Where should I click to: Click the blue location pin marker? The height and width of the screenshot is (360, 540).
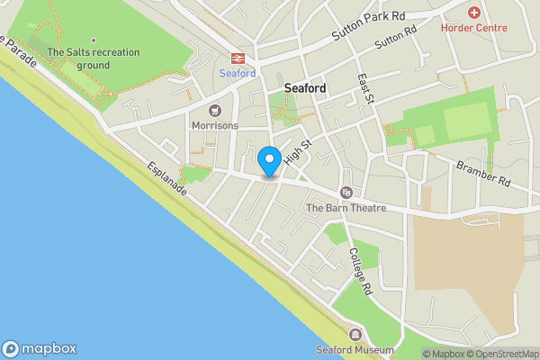[x=268, y=161]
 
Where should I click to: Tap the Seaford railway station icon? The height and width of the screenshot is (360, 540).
[x=238, y=57]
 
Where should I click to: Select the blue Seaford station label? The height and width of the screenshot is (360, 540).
[x=238, y=73]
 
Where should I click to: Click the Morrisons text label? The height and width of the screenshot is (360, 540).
[x=214, y=126]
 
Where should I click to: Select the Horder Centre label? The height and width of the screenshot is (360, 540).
[x=473, y=27]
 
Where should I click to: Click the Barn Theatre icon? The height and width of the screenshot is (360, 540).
[x=346, y=192]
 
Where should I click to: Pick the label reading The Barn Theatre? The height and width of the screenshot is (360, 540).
[x=346, y=208]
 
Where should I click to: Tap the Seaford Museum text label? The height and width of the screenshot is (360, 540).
[x=355, y=350]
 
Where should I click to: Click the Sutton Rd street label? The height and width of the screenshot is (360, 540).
[x=396, y=37]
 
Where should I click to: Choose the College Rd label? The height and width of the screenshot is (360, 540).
[x=360, y=273]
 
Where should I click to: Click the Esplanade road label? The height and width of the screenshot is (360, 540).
[x=168, y=180]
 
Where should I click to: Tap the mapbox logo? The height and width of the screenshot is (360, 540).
[x=39, y=349]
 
